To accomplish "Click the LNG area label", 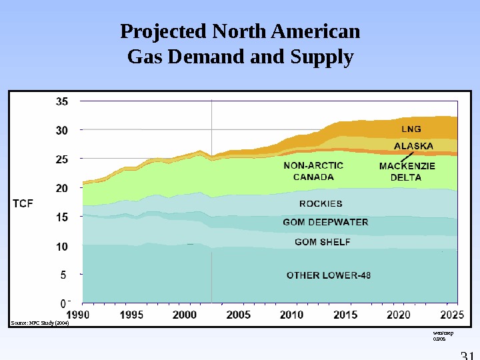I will click(x=411, y=129).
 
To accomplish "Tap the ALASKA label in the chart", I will click(x=413, y=145).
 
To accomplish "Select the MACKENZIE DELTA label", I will click(x=407, y=171).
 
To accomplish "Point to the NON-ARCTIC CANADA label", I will click(x=313, y=171).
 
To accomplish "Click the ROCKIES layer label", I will click(x=321, y=203).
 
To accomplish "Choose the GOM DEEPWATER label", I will click(x=325, y=222).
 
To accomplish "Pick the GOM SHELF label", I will click(x=322, y=242).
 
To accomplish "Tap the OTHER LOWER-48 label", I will click(x=329, y=275).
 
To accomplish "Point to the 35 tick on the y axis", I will click(x=61, y=102).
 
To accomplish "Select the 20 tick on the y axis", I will click(x=61, y=189).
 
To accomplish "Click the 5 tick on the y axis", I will click(x=63, y=274).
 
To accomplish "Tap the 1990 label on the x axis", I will click(x=79, y=314).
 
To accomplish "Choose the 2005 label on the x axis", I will click(x=239, y=314).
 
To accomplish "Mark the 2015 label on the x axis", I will click(x=345, y=314).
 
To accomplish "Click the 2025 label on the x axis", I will click(x=452, y=314).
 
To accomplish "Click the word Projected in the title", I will click(x=163, y=31).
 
